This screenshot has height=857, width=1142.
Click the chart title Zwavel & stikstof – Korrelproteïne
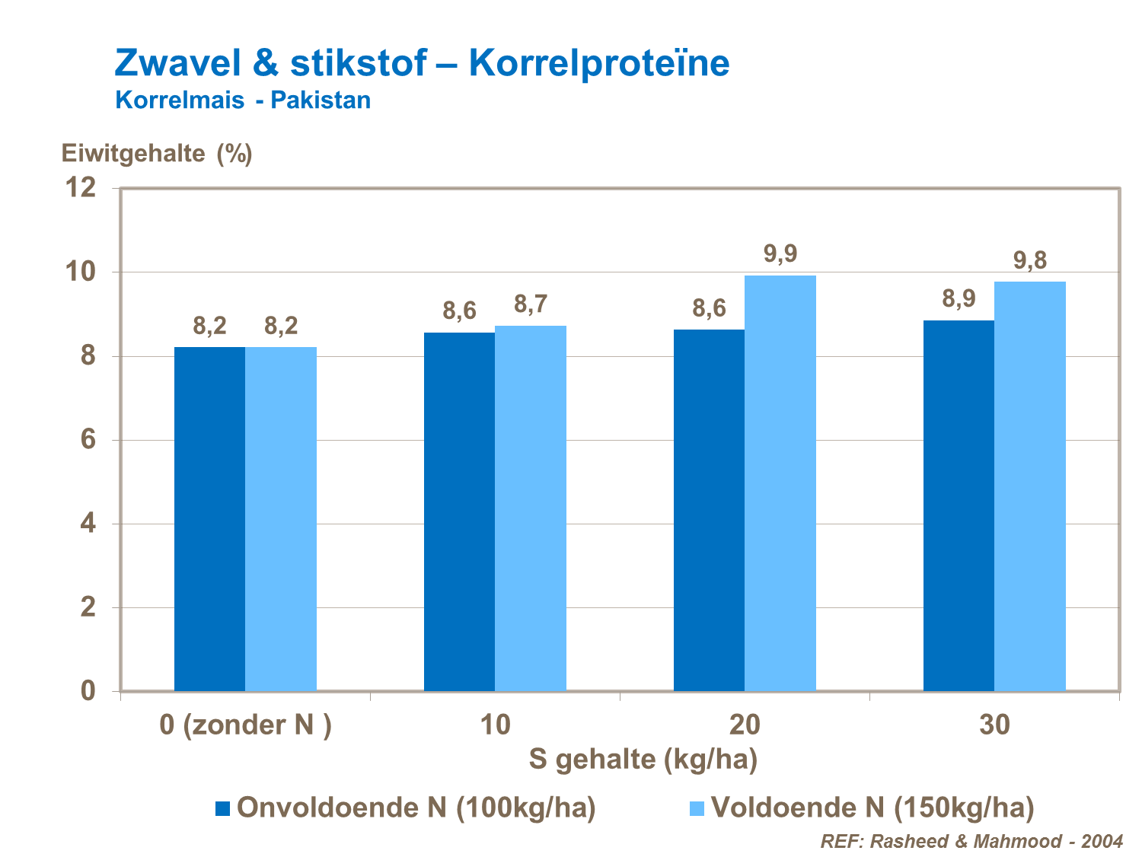pyautogui.click(x=422, y=62)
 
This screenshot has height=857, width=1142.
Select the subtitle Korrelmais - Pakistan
pyautogui.click(x=243, y=100)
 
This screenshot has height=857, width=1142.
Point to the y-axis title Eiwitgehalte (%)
pyautogui.click(x=157, y=154)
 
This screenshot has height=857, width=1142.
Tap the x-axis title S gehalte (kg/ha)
pyautogui.click(x=643, y=759)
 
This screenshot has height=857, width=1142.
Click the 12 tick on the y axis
pyautogui.click(x=81, y=187)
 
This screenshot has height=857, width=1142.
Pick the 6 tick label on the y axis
pyautogui.click(x=88, y=439)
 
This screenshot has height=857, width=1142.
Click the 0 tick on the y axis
pyautogui.click(x=88, y=690)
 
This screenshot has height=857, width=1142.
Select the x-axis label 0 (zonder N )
pyautogui.click(x=245, y=725)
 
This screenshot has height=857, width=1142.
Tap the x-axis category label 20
pyautogui.click(x=745, y=725)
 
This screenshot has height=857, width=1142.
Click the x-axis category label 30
pyautogui.click(x=994, y=725)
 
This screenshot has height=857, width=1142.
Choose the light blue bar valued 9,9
pyautogui.click(x=780, y=483)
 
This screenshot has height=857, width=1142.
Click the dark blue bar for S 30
pyautogui.click(x=959, y=505)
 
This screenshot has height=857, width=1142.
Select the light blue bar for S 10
pyautogui.click(x=531, y=508)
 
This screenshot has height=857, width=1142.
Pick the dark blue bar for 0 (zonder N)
pyautogui.click(x=209, y=519)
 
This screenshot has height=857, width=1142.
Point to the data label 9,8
pyautogui.click(x=1029, y=260)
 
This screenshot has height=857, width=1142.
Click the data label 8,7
pyautogui.click(x=530, y=304)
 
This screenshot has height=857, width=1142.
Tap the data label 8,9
pyautogui.click(x=959, y=298)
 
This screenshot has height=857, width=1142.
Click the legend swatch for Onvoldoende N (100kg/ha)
pyautogui.click(x=223, y=808)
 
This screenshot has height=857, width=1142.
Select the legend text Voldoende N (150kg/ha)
pyautogui.click(x=872, y=808)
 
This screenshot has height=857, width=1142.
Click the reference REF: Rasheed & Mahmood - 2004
pyautogui.click(x=971, y=841)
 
